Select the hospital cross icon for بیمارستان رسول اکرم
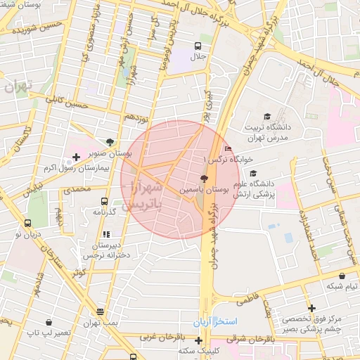77,155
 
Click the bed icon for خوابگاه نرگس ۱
226,148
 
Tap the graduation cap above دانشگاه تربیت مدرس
266,116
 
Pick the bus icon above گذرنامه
105,200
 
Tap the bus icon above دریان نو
27,223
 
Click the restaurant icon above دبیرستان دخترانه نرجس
106,234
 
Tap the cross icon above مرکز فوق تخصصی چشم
311,307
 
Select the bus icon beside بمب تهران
101,311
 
